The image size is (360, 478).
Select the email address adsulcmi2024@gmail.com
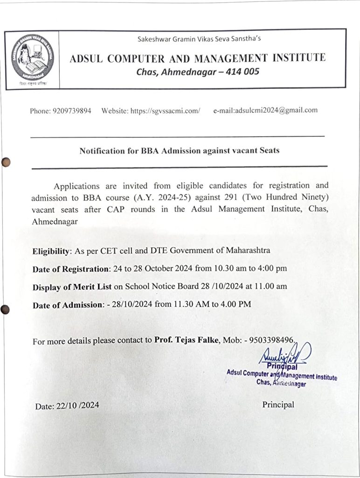click(x=277, y=110)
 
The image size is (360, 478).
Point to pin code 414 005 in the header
click(x=240, y=72)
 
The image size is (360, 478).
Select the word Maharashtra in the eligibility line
click(x=247, y=250)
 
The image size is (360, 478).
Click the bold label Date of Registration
click(x=70, y=269)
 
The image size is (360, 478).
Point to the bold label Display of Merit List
click(x=72, y=287)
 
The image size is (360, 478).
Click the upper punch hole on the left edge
click(x=6, y=162)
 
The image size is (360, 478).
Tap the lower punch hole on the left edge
click(x=6, y=309)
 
